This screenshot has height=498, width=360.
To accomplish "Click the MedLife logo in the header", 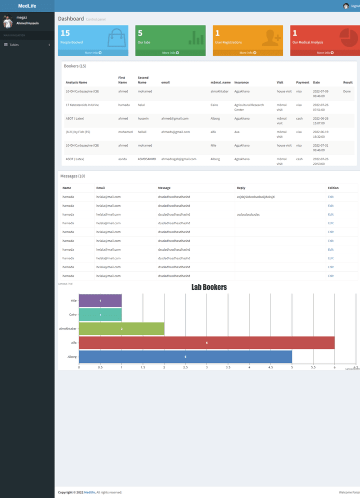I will pyautogui.click(x=27, y=6).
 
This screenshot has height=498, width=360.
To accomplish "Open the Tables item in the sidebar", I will pyautogui.click(x=14, y=45).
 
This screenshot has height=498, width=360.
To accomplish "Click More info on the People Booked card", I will pyautogui.click(x=93, y=53).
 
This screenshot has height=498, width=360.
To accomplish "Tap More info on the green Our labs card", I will pyautogui.click(x=170, y=53).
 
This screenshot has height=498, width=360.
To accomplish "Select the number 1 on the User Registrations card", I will pyautogui.click(x=217, y=34).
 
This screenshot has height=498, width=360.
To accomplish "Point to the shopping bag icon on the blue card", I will pyautogui.click(x=116, y=38).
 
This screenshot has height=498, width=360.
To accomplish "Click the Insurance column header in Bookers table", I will pyautogui.click(x=241, y=83).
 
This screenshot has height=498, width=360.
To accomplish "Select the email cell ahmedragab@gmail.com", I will pyautogui.click(x=178, y=159).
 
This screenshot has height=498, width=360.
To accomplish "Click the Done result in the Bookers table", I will pyautogui.click(x=346, y=92).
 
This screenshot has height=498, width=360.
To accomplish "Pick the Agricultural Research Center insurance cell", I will pyautogui.click(x=249, y=107).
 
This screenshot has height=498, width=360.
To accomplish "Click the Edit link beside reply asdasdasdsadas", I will pyautogui.click(x=330, y=214).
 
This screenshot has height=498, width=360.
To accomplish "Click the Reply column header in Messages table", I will pyautogui.click(x=241, y=188).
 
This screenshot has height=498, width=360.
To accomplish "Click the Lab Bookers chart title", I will pyautogui.click(x=209, y=287).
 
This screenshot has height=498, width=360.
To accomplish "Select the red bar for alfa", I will pyautogui.click(x=206, y=343).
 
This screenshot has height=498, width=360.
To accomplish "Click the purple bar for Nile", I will pyautogui.click(x=100, y=301).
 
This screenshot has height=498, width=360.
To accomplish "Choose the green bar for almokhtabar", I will pyautogui.click(x=121, y=329).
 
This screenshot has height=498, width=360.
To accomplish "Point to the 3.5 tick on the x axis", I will pyautogui.click(x=228, y=367).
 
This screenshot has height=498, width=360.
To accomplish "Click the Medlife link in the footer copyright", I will pyautogui.click(x=89, y=492).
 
